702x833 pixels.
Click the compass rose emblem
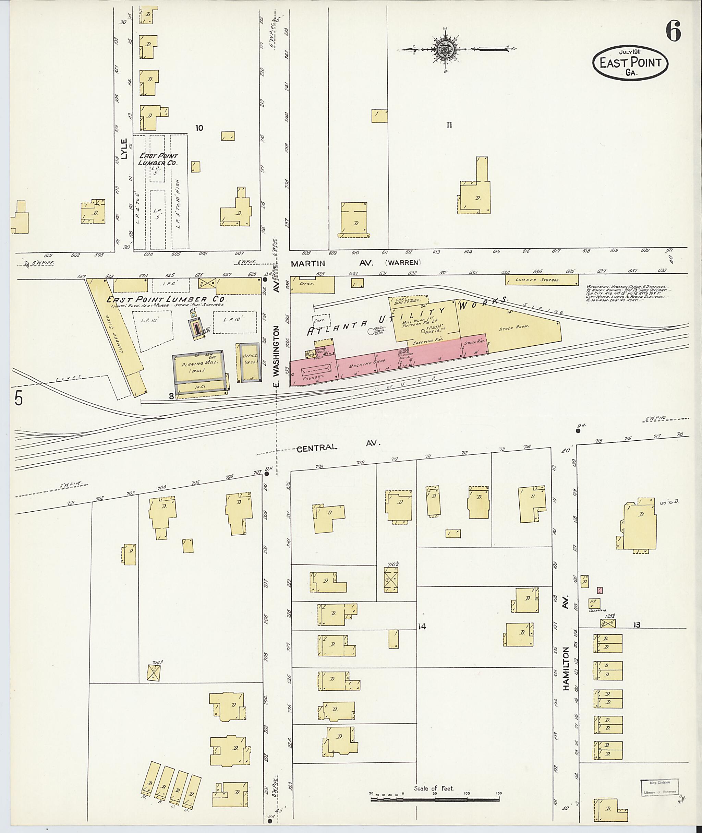[445, 49]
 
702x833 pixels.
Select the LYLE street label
[124, 149]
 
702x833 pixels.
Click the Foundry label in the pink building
[312, 376]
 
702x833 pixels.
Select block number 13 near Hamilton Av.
[637, 625]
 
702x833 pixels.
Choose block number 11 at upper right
[449, 125]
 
